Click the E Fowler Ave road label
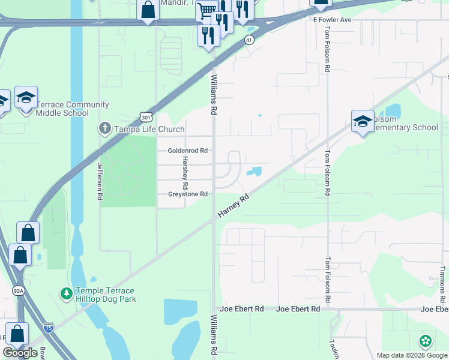[332, 20]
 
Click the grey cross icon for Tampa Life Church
[104, 128]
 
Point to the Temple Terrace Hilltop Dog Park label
[105, 295]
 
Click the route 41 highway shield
[249, 40]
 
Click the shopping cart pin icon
[206, 10]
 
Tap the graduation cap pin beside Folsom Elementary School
[363, 121]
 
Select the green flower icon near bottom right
[426, 341]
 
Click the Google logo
[21, 353]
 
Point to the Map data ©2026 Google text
[412, 355]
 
